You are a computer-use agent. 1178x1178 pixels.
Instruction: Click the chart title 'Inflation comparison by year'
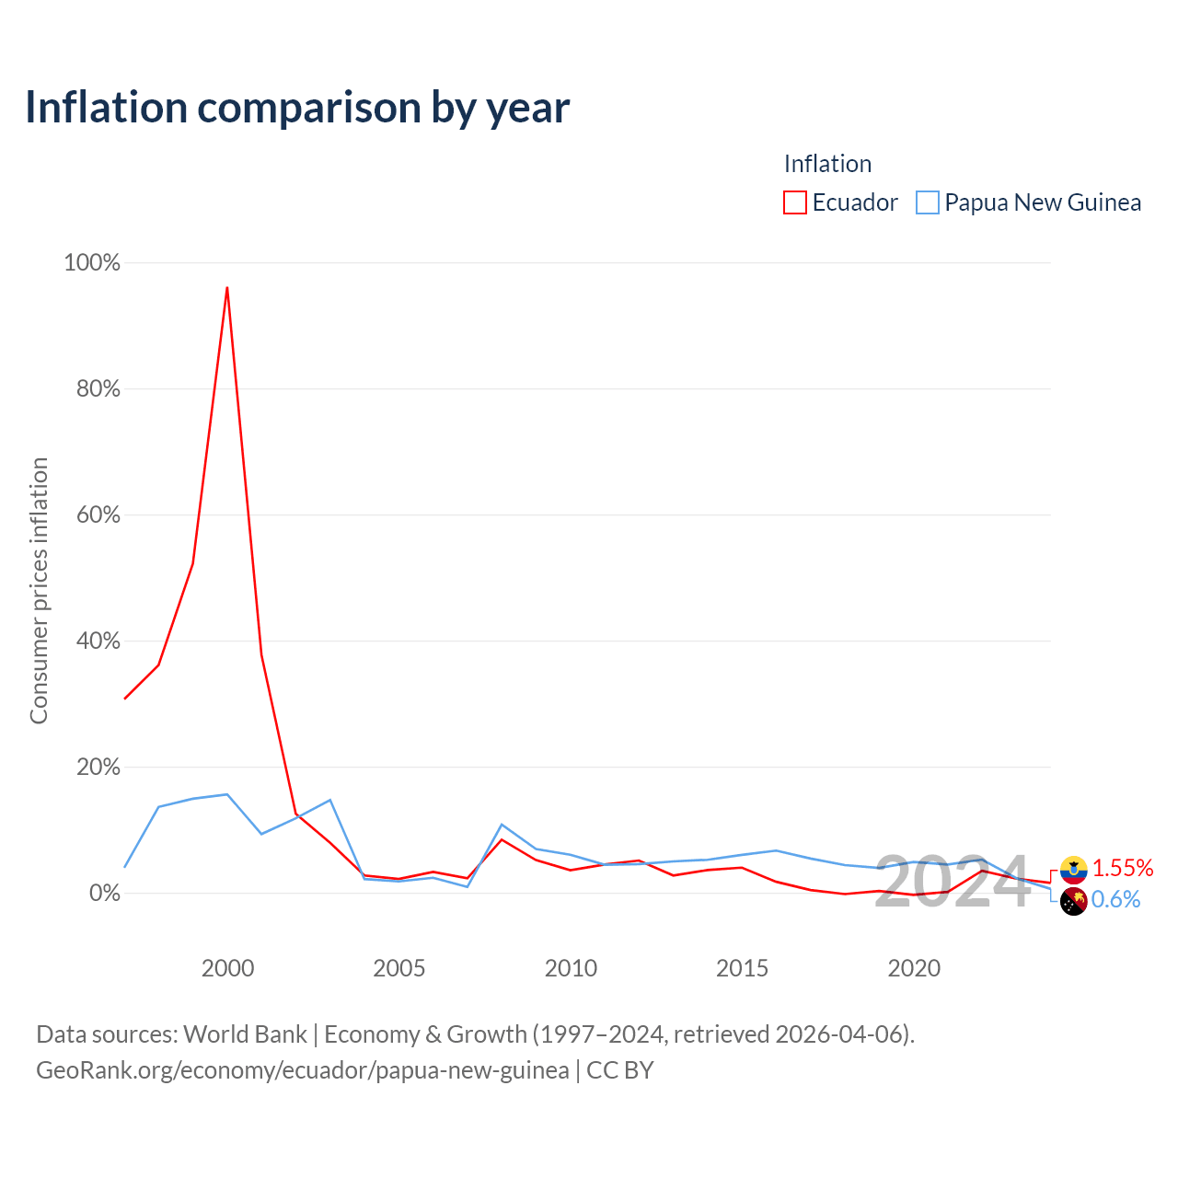click(x=297, y=108)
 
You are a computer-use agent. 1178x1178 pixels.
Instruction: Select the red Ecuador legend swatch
click(x=794, y=202)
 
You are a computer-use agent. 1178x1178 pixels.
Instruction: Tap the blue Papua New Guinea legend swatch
click(x=927, y=202)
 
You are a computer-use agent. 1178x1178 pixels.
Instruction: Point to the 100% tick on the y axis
click(x=92, y=263)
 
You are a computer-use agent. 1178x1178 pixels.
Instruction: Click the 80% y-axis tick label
click(x=98, y=388)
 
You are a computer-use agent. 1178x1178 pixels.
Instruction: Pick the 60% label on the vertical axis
click(x=98, y=514)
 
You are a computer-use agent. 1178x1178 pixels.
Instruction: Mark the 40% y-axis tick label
click(x=98, y=641)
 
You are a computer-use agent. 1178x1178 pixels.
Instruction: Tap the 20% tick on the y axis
click(x=98, y=767)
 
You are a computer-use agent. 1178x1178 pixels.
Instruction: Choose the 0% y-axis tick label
click(x=105, y=893)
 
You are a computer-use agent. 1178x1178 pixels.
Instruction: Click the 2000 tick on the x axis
click(x=227, y=968)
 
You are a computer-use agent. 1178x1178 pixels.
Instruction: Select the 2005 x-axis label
click(x=398, y=968)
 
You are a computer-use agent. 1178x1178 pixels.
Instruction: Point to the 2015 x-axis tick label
click(x=742, y=968)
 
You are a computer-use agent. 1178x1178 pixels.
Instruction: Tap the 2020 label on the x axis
click(x=914, y=968)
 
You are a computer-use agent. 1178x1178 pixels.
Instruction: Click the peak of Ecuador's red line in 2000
click(x=227, y=287)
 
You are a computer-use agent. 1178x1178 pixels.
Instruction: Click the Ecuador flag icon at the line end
click(x=1073, y=870)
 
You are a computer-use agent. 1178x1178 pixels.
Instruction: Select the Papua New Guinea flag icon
click(x=1073, y=902)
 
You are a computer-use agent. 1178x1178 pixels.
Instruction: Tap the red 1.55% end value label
click(x=1123, y=868)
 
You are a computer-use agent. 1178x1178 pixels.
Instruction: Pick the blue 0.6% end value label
click(x=1115, y=900)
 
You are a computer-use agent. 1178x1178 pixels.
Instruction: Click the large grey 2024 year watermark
click(x=953, y=882)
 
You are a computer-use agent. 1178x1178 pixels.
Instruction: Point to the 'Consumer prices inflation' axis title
click(x=40, y=591)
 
